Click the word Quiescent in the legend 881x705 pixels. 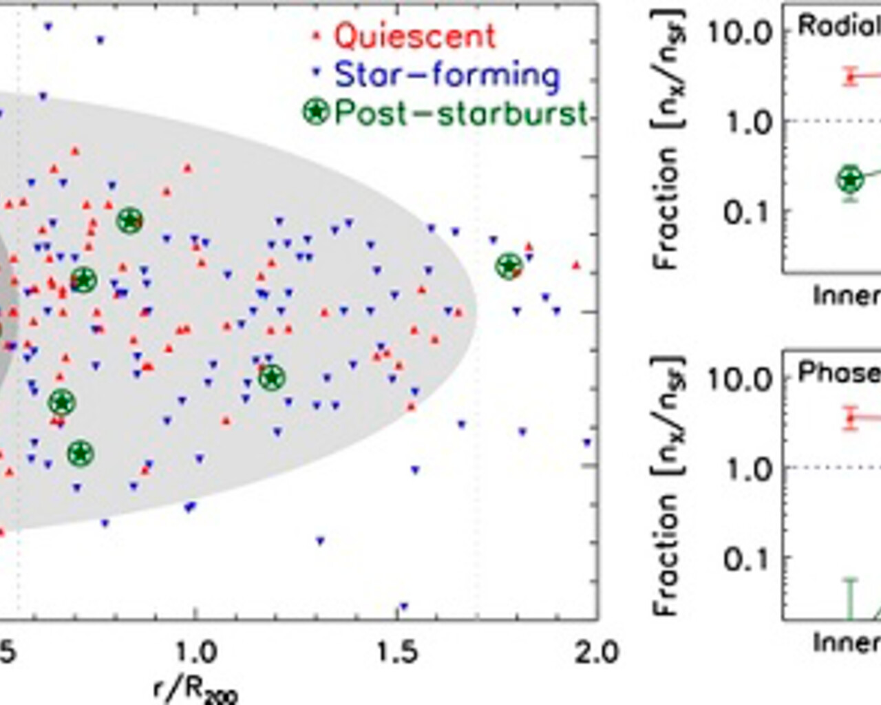415,36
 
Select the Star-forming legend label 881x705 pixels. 447,74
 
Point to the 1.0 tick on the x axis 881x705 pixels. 196,651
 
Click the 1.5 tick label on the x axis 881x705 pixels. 397,651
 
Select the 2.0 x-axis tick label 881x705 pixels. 597,651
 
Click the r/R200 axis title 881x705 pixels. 196,688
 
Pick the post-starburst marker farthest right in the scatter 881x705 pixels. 509,266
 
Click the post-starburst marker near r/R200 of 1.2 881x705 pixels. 272,377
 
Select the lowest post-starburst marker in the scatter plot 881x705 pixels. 81,454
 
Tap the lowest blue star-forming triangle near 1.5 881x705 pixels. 403,607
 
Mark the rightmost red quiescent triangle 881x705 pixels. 576,265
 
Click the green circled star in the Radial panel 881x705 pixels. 851,179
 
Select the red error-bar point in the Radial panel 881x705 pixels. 851,76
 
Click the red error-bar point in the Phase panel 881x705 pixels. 851,417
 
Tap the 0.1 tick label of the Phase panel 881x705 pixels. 746,559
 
